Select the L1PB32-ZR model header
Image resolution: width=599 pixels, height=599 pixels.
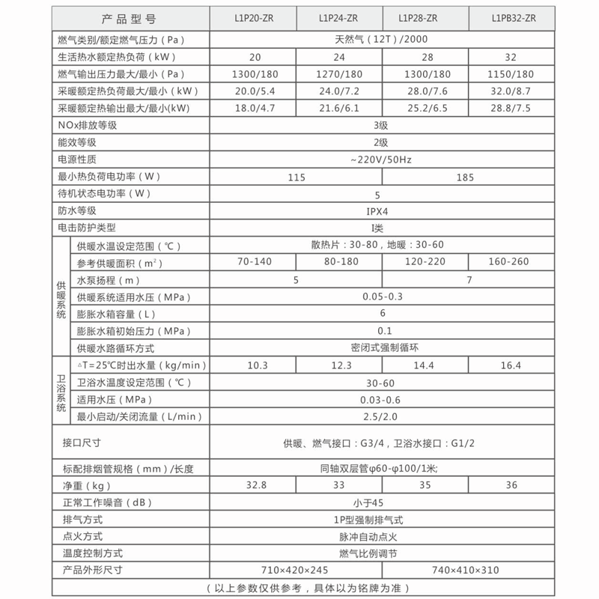point(514,18)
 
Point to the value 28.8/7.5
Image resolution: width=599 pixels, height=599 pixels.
point(514,109)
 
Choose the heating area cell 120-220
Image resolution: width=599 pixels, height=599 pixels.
point(425,262)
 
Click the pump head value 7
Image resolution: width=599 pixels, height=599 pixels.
point(469,279)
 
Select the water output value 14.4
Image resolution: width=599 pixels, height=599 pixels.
point(425,365)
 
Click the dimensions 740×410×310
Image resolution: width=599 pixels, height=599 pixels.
point(469,570)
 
